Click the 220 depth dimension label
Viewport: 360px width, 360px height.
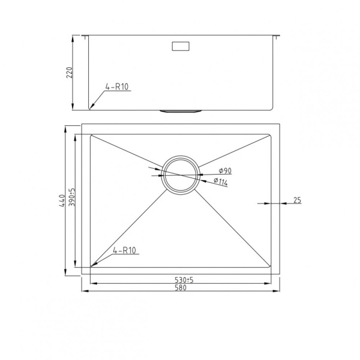click(70, 73)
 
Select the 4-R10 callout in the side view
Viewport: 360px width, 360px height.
click(117, 87)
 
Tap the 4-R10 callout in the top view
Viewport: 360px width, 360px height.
click(124, 250)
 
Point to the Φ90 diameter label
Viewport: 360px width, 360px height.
click(225, 170)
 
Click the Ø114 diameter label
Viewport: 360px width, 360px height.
click(221, 181)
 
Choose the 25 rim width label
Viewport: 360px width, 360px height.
click(297, 200)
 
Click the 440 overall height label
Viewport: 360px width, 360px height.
click(62, 201)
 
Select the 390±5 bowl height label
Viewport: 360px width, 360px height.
click(71, 197)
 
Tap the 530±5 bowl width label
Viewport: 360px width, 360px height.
click(184, 280)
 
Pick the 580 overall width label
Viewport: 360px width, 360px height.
click(181, 287)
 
